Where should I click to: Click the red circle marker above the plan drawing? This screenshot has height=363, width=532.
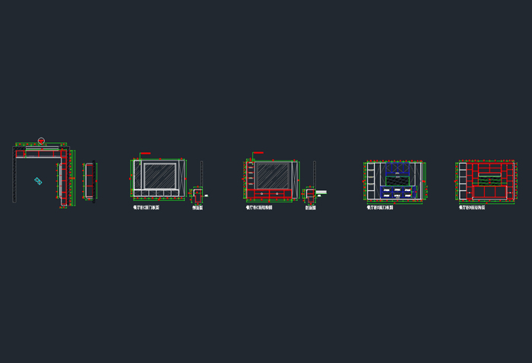tap(41, 141)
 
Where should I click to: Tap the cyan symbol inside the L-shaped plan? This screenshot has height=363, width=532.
tap(37, 181)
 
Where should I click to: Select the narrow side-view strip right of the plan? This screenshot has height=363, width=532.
tap(90, 182)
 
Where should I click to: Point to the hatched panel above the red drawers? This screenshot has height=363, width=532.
tap(272, 175)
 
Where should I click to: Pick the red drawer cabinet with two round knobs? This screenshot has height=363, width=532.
tap(272, 194)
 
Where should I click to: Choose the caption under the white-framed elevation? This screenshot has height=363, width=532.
tap(146, 207)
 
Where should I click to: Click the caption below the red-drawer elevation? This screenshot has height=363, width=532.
tap(259, 207)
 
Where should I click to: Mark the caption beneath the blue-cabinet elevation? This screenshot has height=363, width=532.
tap(379, 207)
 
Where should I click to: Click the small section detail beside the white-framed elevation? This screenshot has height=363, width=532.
tap(198, 196)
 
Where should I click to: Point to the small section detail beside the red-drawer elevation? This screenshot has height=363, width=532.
tap(310, 196)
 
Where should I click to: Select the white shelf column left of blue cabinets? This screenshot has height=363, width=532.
tap(371, 183)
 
